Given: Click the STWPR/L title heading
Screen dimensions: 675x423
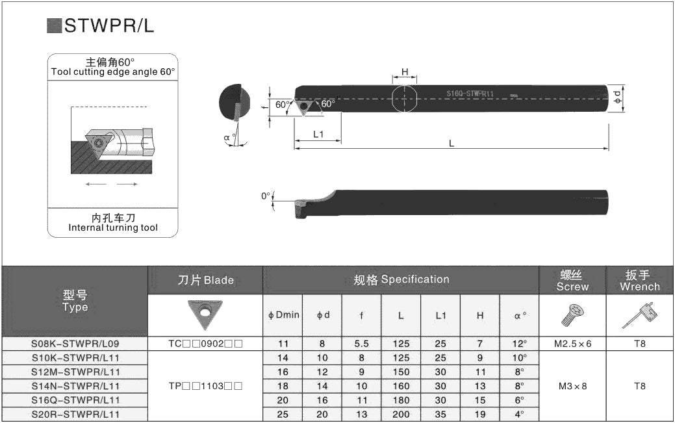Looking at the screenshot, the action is [109, 26].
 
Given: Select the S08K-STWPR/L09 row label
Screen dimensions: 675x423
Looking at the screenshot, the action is [75, 344].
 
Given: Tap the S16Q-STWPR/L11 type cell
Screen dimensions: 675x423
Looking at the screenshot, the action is [75, 400].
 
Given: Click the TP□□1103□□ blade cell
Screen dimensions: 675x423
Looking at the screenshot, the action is [205, 386].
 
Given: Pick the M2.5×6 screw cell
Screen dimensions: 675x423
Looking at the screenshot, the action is [572, 344].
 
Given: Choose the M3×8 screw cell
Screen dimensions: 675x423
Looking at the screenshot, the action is [572, 386].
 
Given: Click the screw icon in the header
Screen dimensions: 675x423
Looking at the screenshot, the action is [572, 315].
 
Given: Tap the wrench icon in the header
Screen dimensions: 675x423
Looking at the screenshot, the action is [640, 315].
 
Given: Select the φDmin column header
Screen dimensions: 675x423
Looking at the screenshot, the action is [283, 315].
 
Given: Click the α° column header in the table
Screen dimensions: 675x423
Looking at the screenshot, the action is [520, 315].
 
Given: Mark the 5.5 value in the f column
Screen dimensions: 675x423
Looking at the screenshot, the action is [362, 344].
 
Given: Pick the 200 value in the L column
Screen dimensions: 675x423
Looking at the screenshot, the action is [401, 415].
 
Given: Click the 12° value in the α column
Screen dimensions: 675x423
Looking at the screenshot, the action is [520, 344].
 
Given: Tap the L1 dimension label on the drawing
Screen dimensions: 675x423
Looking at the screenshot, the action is [318, 135].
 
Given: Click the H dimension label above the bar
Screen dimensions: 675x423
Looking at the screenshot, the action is [405, 72].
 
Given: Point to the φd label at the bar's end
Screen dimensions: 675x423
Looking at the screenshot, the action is [618, 97].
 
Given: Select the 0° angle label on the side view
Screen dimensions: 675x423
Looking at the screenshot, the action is [266, 196].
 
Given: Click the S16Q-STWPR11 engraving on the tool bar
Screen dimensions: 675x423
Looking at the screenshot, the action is [470, 94].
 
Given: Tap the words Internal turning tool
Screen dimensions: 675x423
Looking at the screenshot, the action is [113, 227].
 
